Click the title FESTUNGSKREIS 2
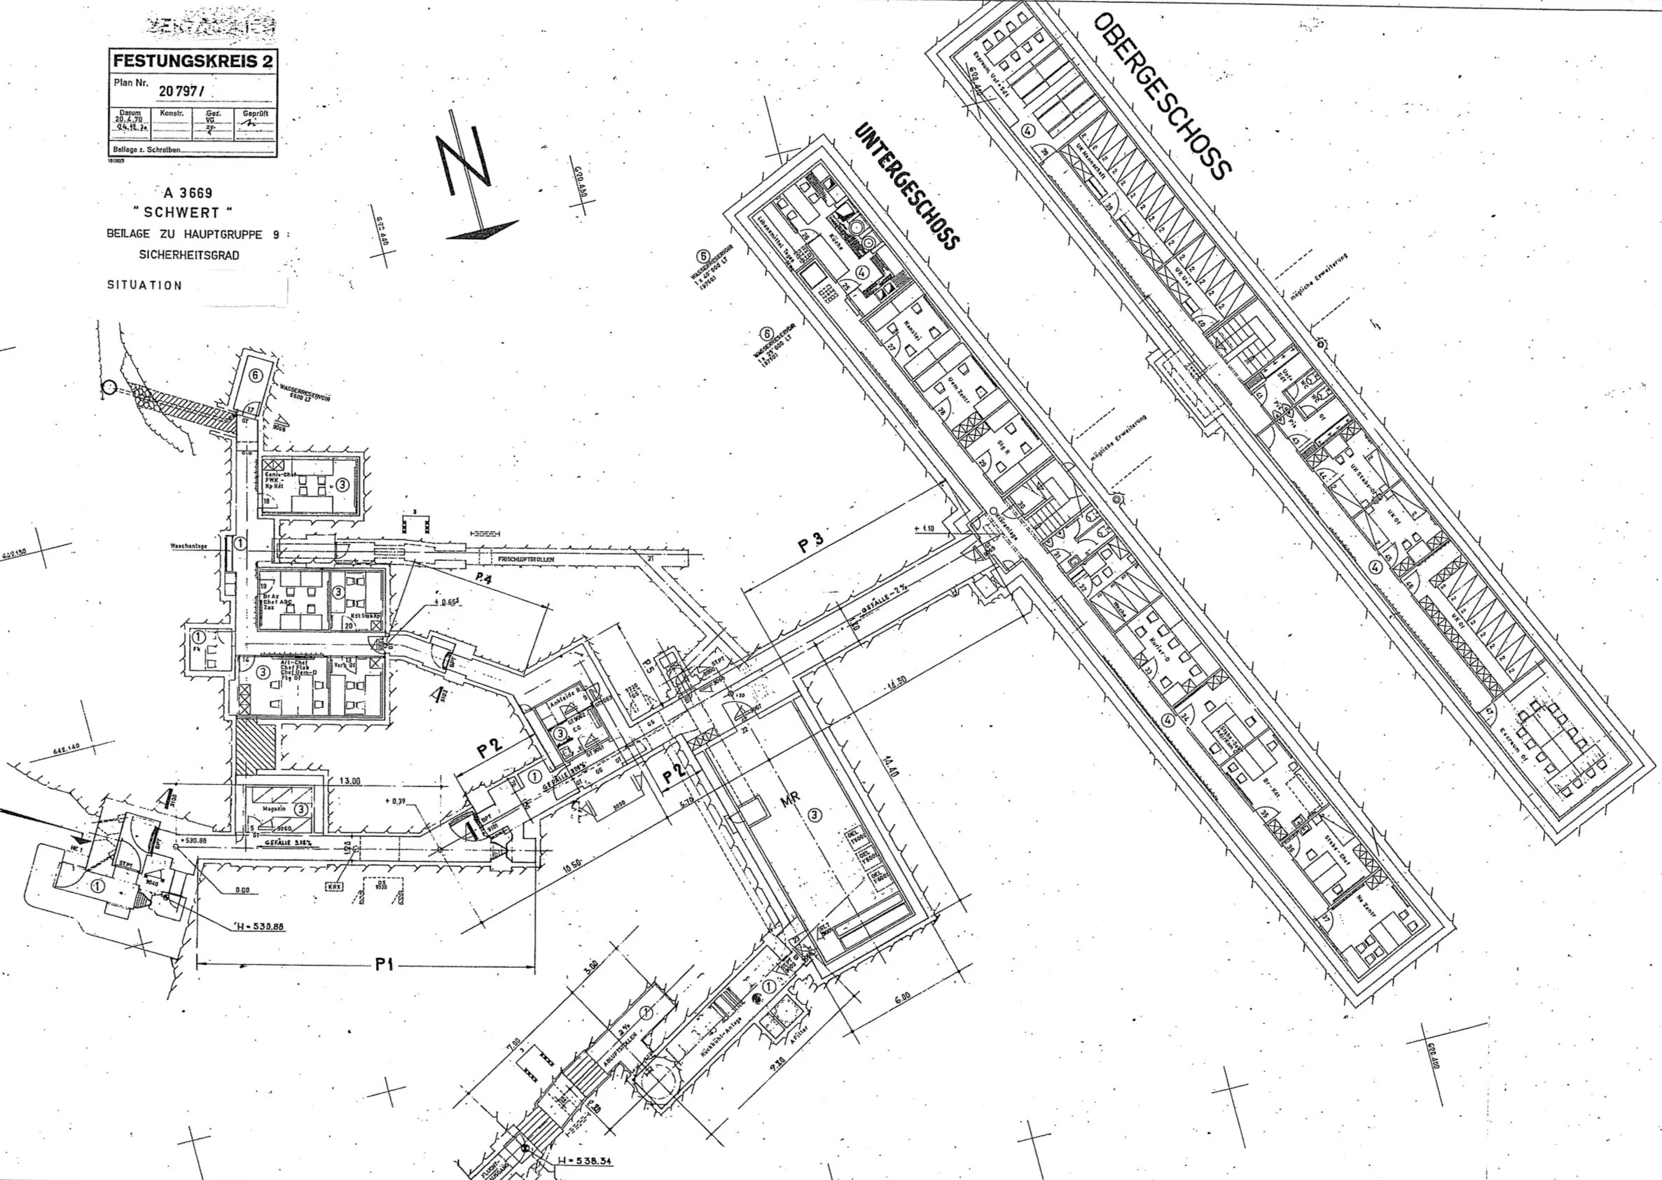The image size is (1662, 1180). coord(193,60)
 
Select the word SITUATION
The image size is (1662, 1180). coord(144,286)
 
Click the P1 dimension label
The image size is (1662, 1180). coord(385,965)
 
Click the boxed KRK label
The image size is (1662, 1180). coord(333,887)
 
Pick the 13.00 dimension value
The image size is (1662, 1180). coord(349,780)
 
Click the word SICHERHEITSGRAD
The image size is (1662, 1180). coord(189,255)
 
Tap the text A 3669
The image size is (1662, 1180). coord(188,193)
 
